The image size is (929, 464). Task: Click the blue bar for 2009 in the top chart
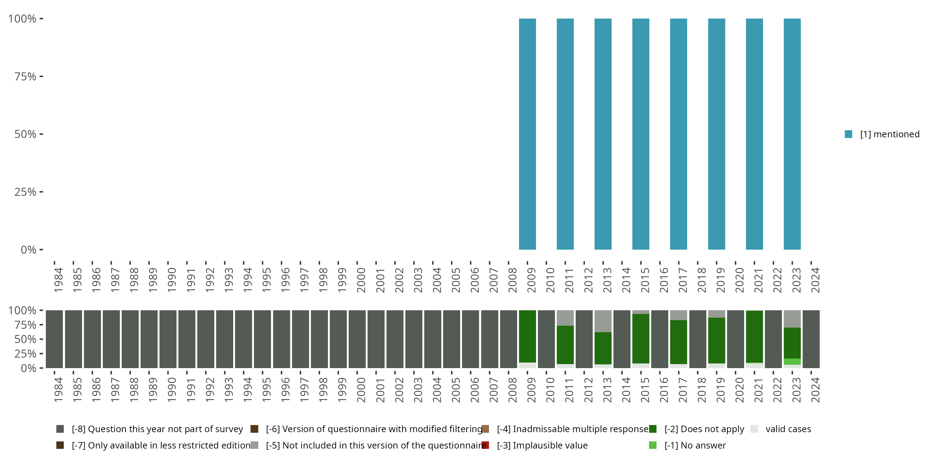pyautogui.click(x=527, y=134)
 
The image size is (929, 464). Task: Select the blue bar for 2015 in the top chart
pyautogui.click(x=640, y=134)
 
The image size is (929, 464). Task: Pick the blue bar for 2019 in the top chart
pyautogui.click(x=716, y=134)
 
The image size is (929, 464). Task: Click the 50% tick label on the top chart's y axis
pyautogui.click(x=25, y=134)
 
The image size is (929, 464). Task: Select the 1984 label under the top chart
pyautogui.click(x=58, y=280)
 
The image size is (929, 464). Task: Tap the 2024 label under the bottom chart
pyautogui.click(x=815, y=390)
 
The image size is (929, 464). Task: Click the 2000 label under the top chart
pyautogui.click(x=361, y=280)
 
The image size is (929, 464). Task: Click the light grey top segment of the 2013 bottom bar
pyautogui.click(x=603, y=321)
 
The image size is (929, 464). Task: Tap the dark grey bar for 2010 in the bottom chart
pyautogui.click(x=546, y=339)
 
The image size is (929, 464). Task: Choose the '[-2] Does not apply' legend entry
pyautogui.click(x=704, y=429)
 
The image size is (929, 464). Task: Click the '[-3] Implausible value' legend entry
pyautogui.click(x=542, y=445)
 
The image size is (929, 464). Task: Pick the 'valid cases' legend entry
pyautogui.click(x=788, y=429)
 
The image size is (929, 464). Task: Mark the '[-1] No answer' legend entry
pyautogui.click(x=695, y=445)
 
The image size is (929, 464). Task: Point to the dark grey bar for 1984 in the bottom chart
pyautogui.click(x=55, y=339)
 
